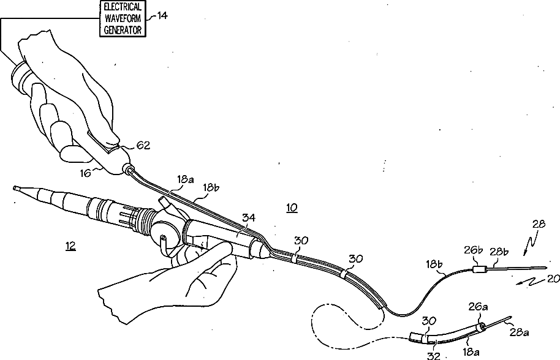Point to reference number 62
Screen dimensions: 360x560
pos(143,145)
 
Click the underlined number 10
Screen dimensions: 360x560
pos(292,208)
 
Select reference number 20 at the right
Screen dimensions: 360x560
pos(553,279)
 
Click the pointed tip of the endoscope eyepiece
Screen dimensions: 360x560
pos(14,189)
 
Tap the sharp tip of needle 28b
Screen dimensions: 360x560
pos(546,268)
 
